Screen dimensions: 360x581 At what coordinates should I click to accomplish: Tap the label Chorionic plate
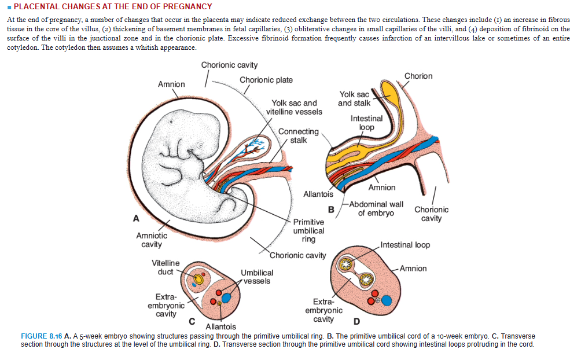click(266, 80)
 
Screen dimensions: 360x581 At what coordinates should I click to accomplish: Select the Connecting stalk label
click(298, 136)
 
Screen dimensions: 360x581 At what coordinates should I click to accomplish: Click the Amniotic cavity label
click(152, 240)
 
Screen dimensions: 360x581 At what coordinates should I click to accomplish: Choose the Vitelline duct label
click(166, 267)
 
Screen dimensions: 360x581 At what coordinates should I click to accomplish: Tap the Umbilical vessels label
click(257, 277)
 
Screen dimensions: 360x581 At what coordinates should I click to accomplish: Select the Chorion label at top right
click(418, 76)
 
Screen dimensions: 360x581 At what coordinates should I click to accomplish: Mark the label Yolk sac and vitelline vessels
click(294, 107)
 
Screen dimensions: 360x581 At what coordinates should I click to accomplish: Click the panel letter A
click(136, 218)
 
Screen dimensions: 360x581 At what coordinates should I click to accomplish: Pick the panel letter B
click(332, 209)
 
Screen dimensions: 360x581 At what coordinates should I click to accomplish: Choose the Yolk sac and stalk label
click(354, 98)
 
